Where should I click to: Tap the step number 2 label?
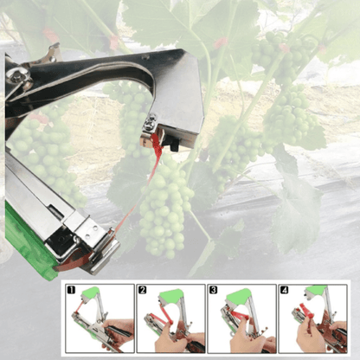point(142,290)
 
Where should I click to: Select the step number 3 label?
point(213,290)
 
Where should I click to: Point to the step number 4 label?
point(284,290)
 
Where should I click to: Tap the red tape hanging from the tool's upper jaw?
point(154,156)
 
